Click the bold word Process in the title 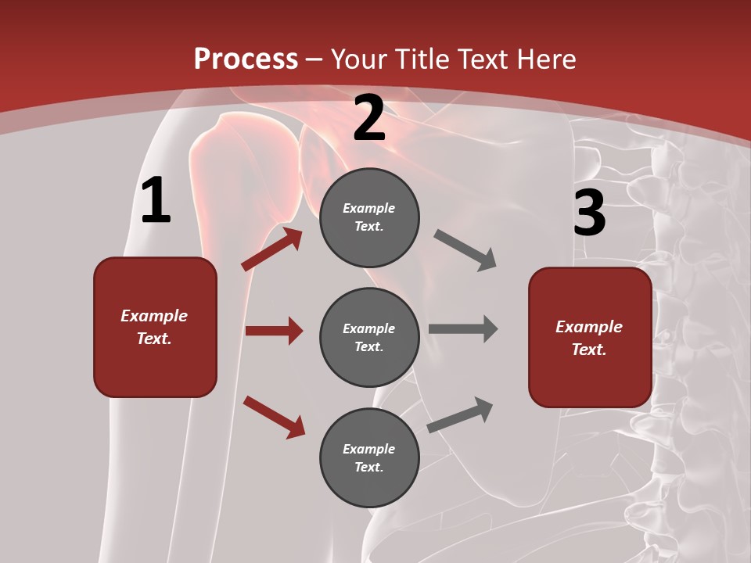(246, 59)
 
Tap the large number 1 (156, 201)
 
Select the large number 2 (369, 119)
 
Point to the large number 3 (589, 213)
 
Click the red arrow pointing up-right (271, 249)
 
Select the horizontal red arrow (274, 331)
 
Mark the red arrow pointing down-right (274, 417)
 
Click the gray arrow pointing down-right (465, 250)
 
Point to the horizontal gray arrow (463, 329)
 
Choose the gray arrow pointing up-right (460, 414)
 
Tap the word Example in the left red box (154, 316)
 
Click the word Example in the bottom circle (368, 449)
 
